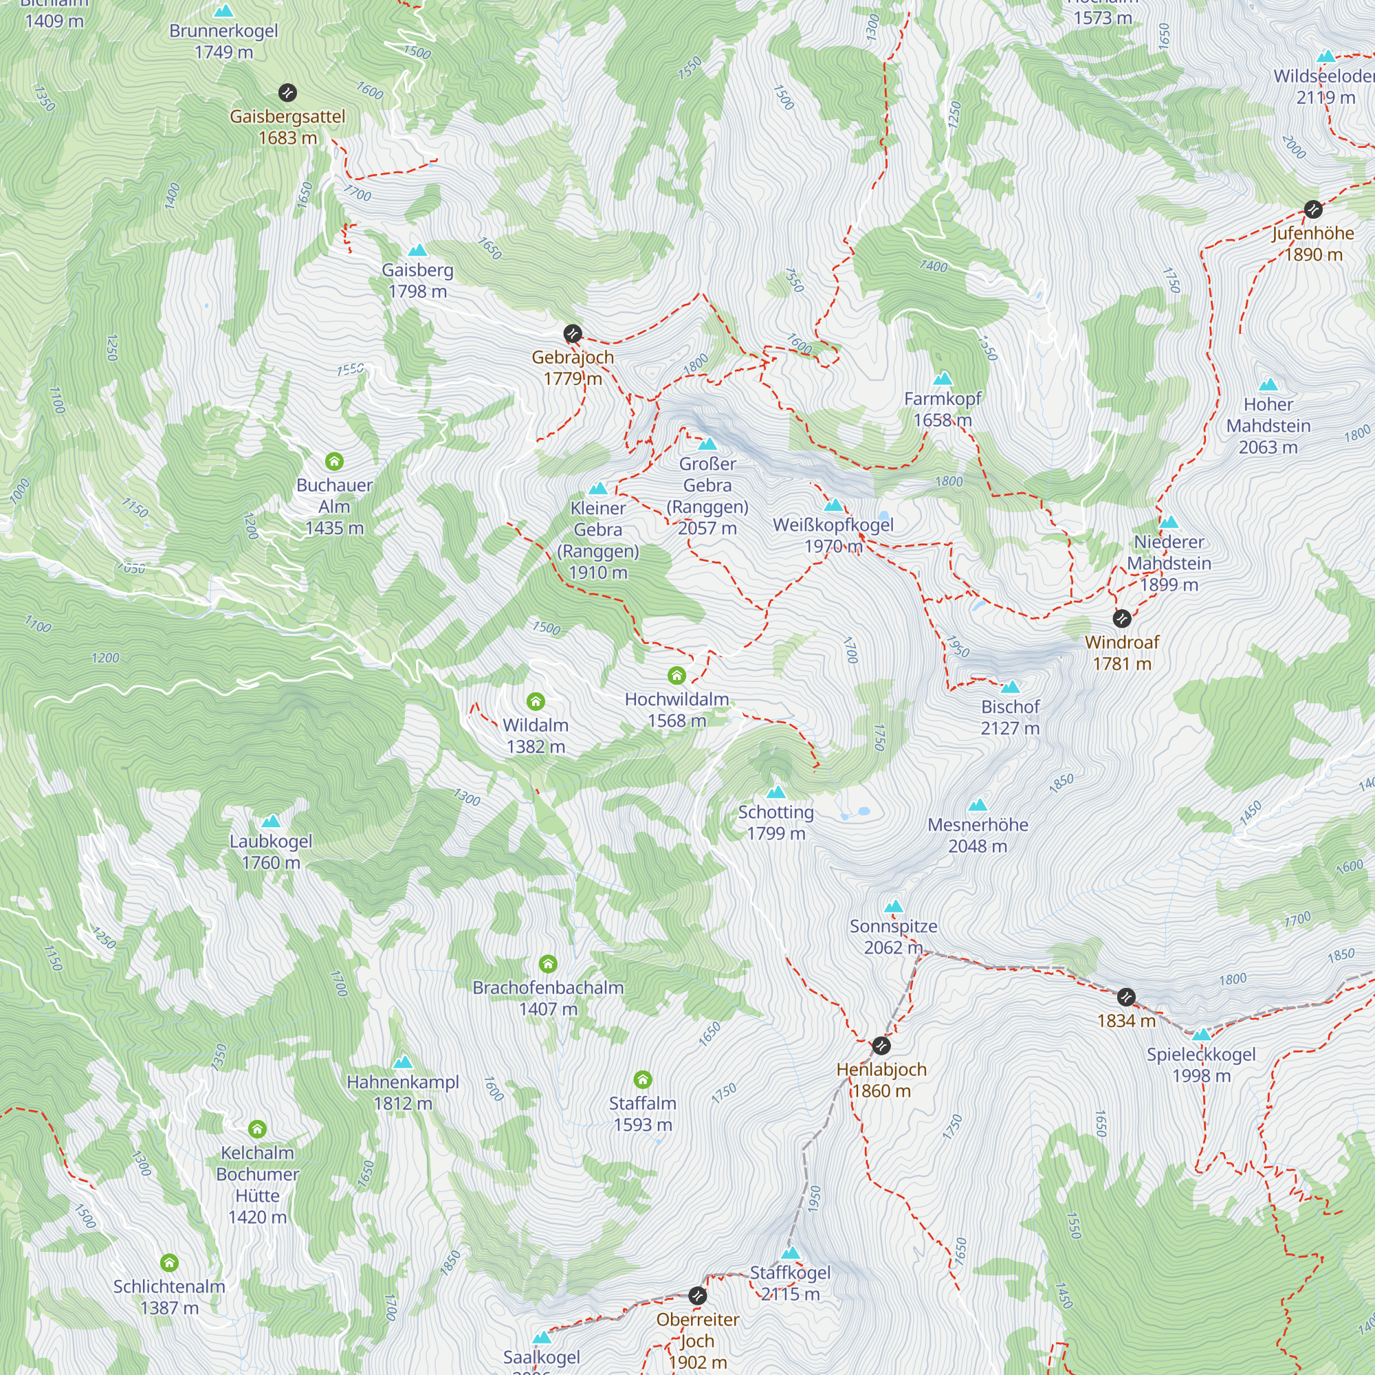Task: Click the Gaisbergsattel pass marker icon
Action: point(287,93)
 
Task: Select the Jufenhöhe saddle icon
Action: point(1313,209)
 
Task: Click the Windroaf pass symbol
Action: point(1121,618)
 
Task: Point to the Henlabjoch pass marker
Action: point(881,1046)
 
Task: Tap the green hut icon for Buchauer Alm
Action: point(335,461)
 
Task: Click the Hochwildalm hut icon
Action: point(676,675)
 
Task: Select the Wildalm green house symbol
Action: point(536,702)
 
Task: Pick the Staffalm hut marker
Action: point(643,1079)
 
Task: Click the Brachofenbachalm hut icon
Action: point(548,964)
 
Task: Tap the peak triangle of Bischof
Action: point(1011,687)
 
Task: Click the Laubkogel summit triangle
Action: point(271,822)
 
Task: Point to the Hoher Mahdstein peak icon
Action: point(1268,385)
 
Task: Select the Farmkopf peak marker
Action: point(943,378)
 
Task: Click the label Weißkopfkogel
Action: point(833,525)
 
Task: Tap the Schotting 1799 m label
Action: point(775,823)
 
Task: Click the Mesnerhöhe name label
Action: point(978,825)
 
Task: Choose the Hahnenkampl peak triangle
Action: point(403,1062)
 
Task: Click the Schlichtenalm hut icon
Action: point(169,1263)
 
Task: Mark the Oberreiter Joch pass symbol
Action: point(697,1295)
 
